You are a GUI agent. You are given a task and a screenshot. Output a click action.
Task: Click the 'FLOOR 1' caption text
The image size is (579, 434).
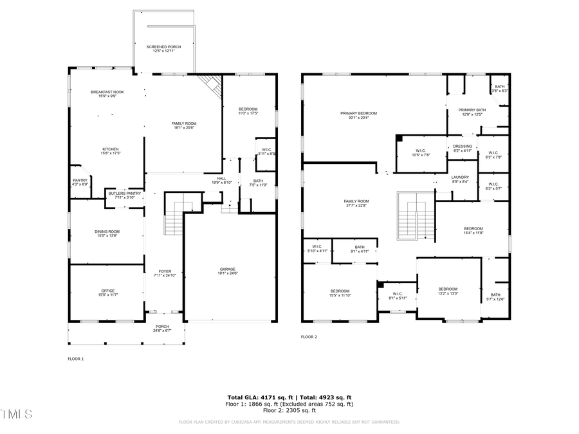tap(76, 359)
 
